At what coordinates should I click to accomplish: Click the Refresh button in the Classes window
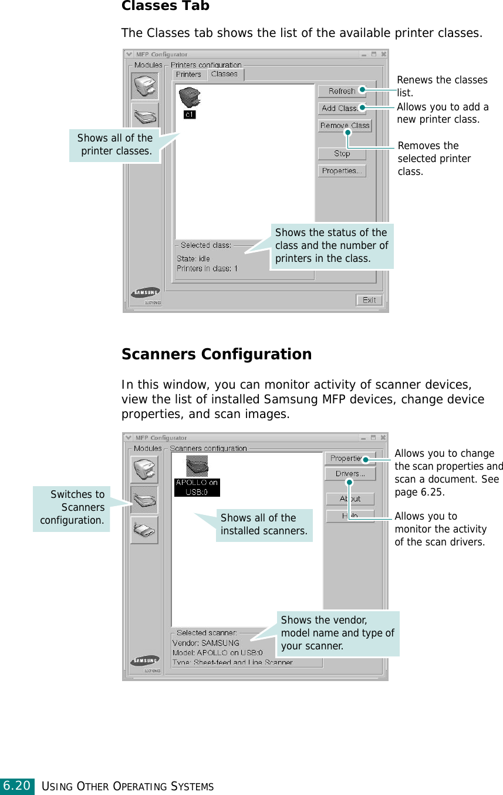pos(342,91)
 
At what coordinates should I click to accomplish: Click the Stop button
pos(342,154)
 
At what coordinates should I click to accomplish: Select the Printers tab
pos(188,75)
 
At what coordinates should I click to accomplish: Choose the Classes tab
pos(225,74)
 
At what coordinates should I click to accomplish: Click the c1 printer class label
pos(190,114)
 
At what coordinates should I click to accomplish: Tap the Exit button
pos(369,300)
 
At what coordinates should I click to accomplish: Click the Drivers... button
pos(350,474)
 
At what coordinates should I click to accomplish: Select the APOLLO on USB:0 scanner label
pos(197,487)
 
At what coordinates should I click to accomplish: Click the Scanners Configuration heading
pos(216,355)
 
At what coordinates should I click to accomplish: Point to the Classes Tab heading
pos(165,6)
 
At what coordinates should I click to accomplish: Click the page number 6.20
pos(16,786)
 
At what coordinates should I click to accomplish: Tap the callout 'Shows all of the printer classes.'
pos(115,144)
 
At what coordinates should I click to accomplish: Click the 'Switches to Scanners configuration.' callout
pos(72,507)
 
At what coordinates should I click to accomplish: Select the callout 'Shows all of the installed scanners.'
pos(264,525)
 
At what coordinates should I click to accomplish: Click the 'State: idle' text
pos(193,258)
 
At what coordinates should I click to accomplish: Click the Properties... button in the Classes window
pos(342,171)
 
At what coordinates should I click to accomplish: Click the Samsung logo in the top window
pos(146,292)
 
